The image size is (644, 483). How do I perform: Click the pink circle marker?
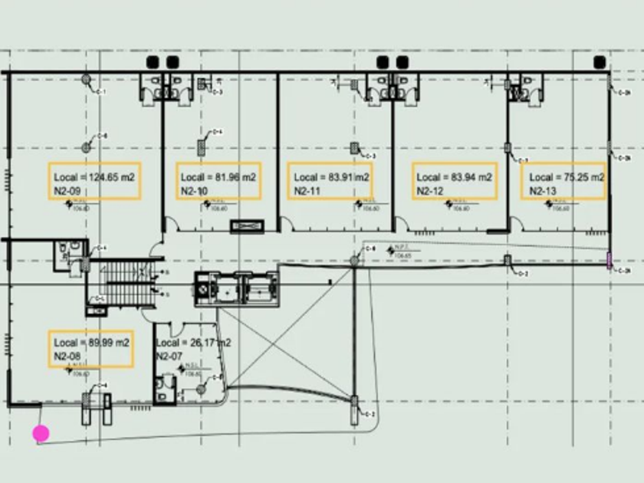tap(41, 433)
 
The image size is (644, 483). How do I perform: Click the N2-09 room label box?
tap(94, 182)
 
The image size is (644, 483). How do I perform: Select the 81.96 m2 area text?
tap(235, 177)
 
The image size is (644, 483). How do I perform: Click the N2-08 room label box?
tap(90, 350)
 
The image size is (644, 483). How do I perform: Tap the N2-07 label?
tap(169, 356)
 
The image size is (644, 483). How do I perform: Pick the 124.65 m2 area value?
tap(111, 177)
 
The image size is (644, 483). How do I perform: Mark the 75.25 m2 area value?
tap(584, 177)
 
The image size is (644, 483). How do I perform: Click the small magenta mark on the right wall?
tap(609, 261)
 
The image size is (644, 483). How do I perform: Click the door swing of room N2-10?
tap(174, 224)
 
